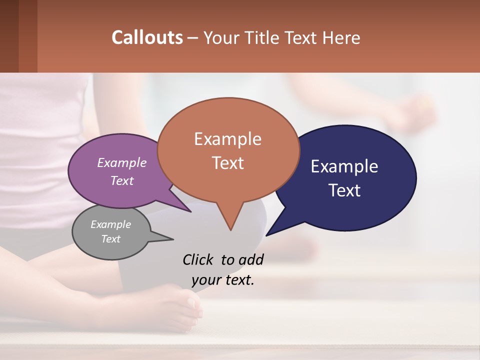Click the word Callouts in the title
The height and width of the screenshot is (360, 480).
click(147, 37)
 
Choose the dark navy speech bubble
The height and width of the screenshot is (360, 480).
click(350, 177)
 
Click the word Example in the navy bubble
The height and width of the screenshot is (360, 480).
click(344, 166)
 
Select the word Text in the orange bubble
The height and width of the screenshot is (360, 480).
click(228, 163)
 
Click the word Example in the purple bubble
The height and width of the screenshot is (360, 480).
click(122, 162)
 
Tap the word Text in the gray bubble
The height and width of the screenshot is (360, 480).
click(111, 239)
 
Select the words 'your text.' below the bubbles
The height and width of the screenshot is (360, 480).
click(223, 280)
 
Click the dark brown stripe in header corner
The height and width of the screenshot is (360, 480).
click(9, 36)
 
